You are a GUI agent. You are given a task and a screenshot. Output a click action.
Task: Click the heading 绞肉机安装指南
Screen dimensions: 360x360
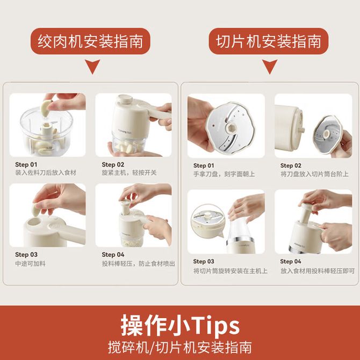[90, 41]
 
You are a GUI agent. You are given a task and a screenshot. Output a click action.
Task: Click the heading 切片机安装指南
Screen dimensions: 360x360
[269, 41]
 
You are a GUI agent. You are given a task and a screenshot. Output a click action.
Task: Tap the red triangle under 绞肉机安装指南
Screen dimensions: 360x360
[92, 66]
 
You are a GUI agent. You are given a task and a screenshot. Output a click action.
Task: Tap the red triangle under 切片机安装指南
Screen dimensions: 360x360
[270, 66]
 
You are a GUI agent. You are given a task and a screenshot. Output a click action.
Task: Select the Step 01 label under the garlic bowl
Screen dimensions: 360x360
[26, 164]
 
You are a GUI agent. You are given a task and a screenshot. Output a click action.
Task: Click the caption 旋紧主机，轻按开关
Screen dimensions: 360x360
[129, 172]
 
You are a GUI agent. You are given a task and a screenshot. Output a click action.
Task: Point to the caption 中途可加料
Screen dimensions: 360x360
[30, 264]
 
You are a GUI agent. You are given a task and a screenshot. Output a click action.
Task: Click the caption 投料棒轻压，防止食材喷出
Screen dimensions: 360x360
[139, 264]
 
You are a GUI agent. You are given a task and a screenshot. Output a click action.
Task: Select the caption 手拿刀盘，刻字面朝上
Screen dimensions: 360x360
[224, 174]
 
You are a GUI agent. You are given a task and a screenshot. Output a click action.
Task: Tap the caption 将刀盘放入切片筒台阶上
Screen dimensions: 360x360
[314, 174]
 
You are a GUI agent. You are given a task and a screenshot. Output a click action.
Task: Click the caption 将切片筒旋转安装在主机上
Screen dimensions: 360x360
[231, 271]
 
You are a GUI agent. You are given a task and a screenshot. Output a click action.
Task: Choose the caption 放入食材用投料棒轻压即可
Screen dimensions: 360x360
[318, 271]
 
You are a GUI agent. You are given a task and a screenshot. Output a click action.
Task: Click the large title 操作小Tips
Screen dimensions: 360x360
[180, 325]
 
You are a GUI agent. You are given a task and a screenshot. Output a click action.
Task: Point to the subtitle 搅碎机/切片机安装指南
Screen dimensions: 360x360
[180, 348]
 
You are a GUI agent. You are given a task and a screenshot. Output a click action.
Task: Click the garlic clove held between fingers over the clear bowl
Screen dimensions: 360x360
[46, 109]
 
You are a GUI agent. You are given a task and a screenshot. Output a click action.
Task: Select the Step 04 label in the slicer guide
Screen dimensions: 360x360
[291, 261]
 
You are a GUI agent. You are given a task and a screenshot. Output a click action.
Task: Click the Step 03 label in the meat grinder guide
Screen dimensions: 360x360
[26, 254]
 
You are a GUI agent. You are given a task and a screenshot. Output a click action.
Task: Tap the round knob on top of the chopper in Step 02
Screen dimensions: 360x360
[125, 99]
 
